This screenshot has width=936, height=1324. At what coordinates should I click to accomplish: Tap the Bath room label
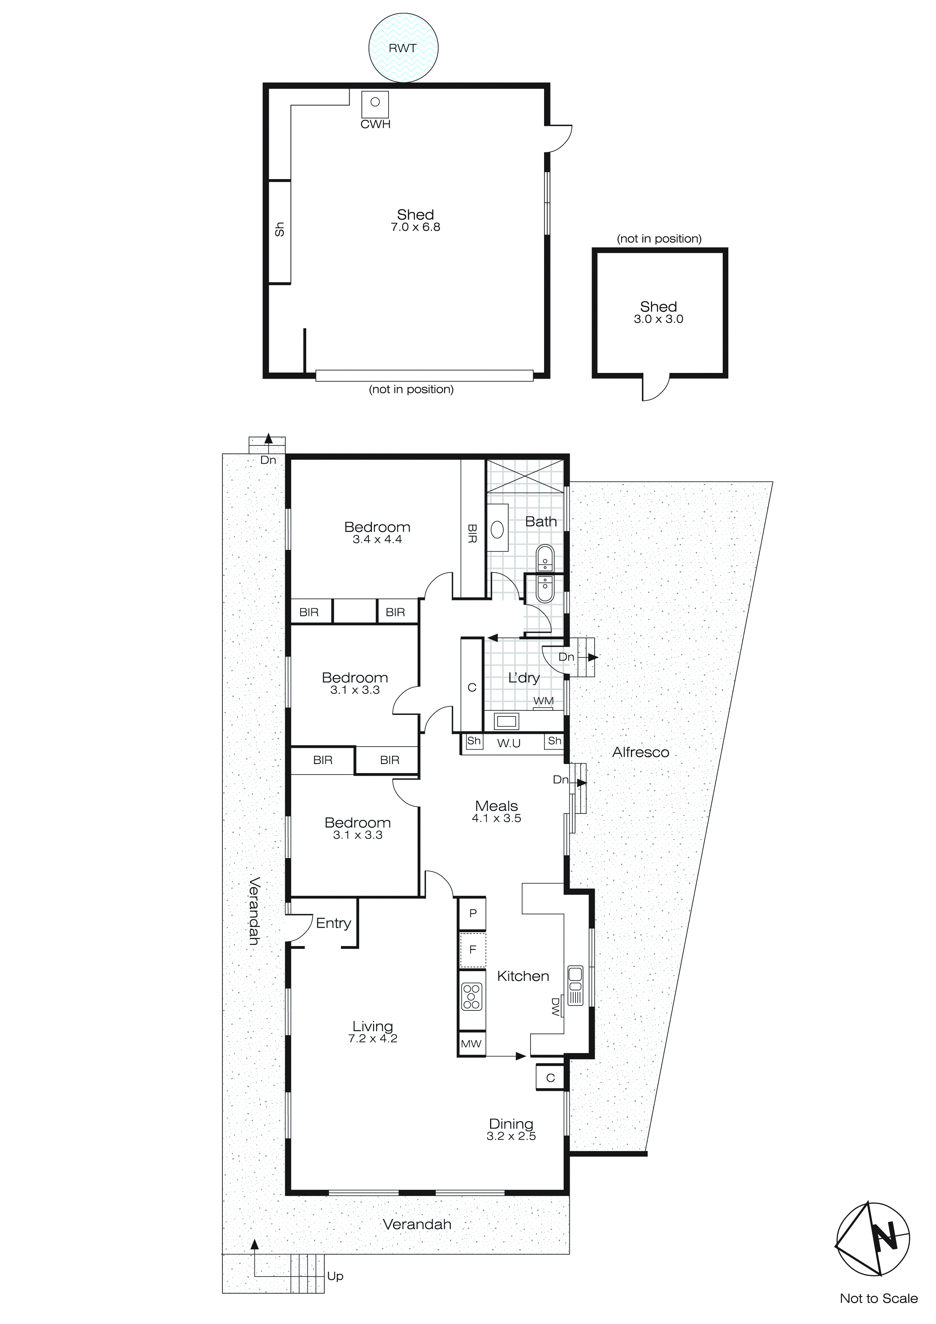[541, 521]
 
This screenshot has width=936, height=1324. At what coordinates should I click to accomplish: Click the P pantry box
[473, 913]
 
